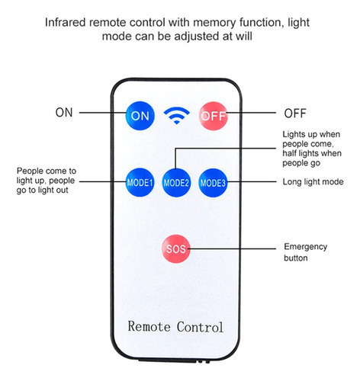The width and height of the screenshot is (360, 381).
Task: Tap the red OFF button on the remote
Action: pos(213,116)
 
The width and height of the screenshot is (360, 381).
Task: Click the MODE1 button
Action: pos(140,182)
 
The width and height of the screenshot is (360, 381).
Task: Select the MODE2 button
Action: pos(176,183)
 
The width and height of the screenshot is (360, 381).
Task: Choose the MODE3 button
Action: pos(213,183)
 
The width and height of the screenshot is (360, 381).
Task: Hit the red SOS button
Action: pos(175,248)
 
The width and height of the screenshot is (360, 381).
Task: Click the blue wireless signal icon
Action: pos(177,115)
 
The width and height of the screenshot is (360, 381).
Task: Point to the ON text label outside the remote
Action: pos(64,112)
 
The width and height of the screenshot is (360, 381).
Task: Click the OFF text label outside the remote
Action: pos(295,114)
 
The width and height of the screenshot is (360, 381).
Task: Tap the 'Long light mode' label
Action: pos(313,181)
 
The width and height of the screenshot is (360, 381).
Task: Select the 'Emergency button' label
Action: pos(305,252)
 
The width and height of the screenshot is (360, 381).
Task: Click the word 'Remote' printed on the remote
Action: pos(149,326)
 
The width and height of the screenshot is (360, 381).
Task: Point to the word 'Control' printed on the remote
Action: pos(200,327)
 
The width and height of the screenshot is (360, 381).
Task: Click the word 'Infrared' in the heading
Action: pos(66,22)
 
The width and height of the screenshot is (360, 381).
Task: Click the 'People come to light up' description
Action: pos(46,175)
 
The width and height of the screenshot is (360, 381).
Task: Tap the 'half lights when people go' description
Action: pos(312,158)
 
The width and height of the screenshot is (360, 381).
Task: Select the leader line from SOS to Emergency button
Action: pos(232,248)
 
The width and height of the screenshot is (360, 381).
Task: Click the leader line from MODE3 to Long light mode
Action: pos(251,181)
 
